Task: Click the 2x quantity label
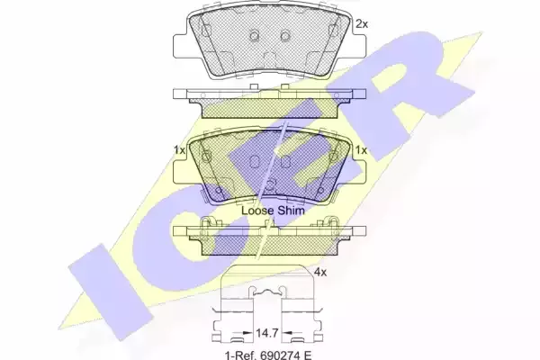click(362, 24)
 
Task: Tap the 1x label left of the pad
click(179, 150)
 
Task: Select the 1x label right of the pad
click(361, 150)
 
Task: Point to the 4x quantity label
click(320, 273)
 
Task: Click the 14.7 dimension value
click(266, 333)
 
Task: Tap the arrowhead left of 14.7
click(247, 333)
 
